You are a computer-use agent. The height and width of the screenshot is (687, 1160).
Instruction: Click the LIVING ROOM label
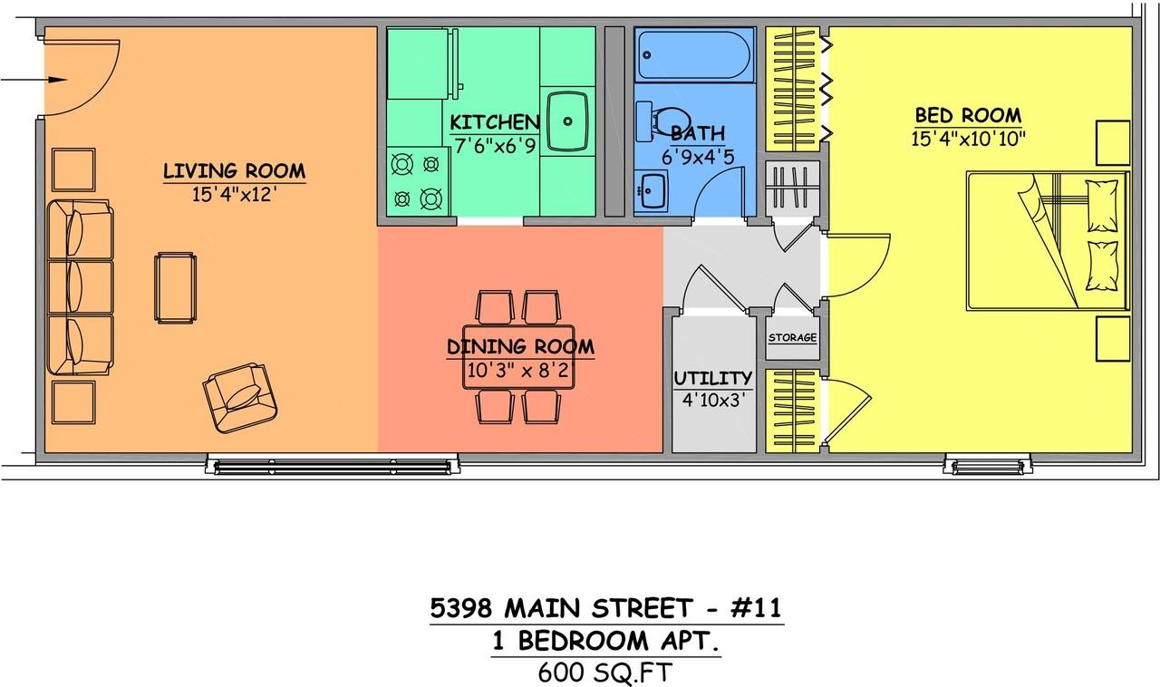point(234,170)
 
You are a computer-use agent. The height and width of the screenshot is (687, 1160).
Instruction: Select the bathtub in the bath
point(694,56)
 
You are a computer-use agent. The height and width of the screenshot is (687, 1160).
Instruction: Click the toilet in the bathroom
point(666,121)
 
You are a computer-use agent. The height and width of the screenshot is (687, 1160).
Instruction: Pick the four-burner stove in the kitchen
point(420,181)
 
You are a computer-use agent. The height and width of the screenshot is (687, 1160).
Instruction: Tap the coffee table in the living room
point(175,286)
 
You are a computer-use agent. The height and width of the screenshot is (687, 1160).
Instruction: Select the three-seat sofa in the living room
point(80,287)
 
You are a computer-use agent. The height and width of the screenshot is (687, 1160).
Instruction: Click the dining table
point(519,356)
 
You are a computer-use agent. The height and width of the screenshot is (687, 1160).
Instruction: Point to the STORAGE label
point(793,338)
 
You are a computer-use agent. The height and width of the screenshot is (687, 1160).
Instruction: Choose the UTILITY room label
point(713,378)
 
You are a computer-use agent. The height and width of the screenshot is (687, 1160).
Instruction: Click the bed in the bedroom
point(1047,241)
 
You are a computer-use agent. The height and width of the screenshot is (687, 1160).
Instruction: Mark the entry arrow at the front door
point(34,81)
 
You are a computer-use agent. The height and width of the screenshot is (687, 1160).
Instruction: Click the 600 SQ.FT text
point(605,672)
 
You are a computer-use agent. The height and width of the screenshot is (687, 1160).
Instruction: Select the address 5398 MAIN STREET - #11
point(605,607)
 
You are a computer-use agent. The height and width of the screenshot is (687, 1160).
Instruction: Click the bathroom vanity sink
point(652,190)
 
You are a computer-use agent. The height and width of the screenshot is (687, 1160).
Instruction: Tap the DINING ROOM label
point(520,346)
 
